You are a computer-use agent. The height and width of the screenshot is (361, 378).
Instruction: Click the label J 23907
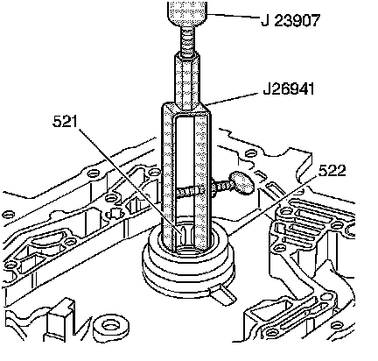click(290, 20)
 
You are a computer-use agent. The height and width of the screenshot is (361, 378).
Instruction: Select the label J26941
click(289, 88)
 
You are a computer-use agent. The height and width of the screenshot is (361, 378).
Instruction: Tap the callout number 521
click(66, 121)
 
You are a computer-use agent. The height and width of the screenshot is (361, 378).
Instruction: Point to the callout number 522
click(332, 171)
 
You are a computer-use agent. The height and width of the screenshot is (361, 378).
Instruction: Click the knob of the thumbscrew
click(241, 183)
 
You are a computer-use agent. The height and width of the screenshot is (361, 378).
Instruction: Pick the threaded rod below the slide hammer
click(186, 40)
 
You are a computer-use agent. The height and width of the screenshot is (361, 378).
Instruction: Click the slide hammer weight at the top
click(187, 14)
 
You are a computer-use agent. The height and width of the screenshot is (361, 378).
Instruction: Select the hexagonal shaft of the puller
click(187, 81)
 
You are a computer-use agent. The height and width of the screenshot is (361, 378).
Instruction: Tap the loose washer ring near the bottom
click(111, 328)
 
